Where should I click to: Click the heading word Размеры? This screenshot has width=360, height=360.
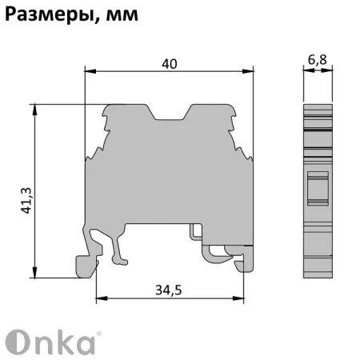click(x=46, y=14)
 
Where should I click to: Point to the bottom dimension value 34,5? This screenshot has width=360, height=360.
click(x=167, y=290)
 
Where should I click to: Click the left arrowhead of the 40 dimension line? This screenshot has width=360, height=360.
click(x=89, y=70)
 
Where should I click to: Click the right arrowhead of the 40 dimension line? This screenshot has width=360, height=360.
click(x=249, y=70)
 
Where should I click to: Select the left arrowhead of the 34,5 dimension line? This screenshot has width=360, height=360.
click(x=99, y=300)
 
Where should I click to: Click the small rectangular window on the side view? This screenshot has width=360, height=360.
click(x=318, y=188)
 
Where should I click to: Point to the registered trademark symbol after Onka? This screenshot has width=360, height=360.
click(x=98, y=330)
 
